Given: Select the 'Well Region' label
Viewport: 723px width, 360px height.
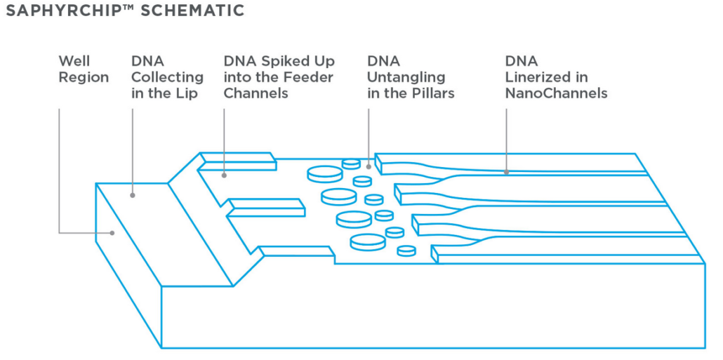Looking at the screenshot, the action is (84, 69).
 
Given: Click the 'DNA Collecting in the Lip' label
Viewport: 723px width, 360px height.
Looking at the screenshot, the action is (167, 77).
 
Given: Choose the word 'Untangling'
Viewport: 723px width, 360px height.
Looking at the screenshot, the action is (406, 78).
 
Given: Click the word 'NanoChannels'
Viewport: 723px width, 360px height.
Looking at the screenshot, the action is (556, 93).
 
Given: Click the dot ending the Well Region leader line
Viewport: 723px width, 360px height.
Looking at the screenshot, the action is (112, 233).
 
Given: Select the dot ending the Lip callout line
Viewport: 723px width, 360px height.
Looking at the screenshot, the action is (133, 196).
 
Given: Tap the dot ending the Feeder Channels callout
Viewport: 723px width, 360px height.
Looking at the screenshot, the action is (224, 175).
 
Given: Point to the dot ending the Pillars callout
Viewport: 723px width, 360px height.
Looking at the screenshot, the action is (368, 167).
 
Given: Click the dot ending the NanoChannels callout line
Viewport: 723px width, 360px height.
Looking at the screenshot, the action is (506, 173).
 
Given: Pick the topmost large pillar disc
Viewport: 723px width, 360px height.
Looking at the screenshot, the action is (324, 174).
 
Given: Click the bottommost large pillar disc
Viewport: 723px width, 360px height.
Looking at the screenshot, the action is (368, 242).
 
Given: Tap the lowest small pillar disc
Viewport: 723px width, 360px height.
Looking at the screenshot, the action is (406, 251).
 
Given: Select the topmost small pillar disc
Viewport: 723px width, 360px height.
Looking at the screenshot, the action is (351, 164).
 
